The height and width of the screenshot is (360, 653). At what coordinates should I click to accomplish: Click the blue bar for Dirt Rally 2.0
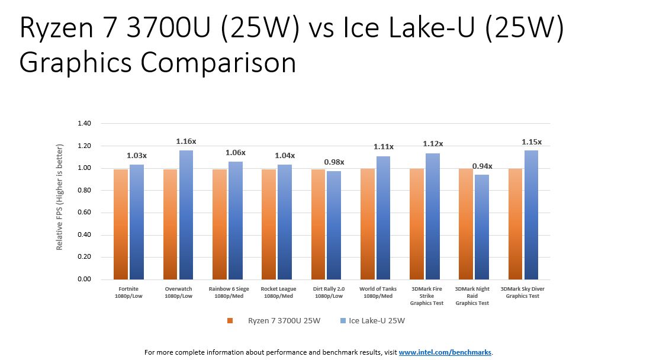pos(334,225)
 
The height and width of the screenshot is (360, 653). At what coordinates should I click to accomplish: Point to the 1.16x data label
pos(186,142)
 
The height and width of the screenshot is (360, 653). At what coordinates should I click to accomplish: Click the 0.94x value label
pos(482,166)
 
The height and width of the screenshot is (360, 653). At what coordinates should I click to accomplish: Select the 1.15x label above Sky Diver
pos(531,142)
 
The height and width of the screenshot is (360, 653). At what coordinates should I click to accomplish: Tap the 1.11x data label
pos(384,147)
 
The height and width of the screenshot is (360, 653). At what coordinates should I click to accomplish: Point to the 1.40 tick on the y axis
pos(84,124)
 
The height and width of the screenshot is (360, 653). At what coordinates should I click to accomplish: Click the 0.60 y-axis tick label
pos(84,213)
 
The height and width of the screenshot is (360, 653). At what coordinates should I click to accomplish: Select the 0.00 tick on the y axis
pos(84,279)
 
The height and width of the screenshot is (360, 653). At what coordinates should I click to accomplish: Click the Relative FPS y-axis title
pos(59,202)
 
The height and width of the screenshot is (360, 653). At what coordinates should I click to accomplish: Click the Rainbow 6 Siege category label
pos(229,292)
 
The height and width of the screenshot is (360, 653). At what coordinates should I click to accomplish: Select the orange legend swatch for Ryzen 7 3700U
pos(230,321)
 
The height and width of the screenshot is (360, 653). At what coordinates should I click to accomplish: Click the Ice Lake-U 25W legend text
pos(377,321)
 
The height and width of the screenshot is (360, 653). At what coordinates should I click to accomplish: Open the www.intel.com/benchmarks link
pos(445,352)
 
